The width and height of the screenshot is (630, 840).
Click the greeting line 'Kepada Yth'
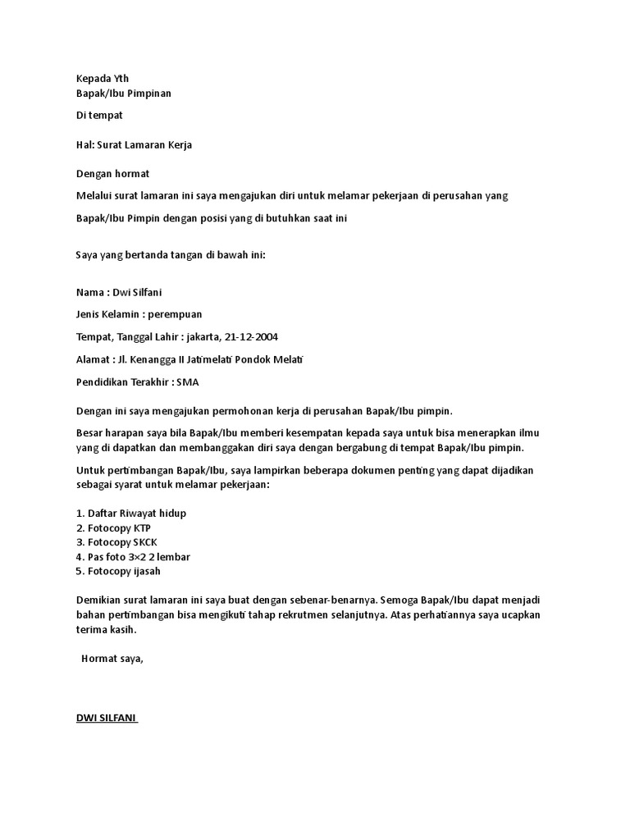tap(103, 79)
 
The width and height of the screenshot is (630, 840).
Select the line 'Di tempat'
tap(99, 116)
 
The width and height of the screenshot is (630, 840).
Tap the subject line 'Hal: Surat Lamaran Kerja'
tap(134, 145)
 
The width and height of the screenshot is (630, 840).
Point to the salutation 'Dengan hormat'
tap(112, 174)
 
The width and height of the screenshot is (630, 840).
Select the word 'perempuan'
tap(175, 314)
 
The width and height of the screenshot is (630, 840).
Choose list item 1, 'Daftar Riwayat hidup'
tap(131, 514)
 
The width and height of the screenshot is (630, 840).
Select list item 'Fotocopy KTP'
tap(113, 527)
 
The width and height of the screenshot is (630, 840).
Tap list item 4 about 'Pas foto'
tap(133, 557)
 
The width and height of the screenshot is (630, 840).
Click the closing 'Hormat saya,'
tap(112, 660)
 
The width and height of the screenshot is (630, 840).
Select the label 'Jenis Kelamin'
tap(107, 314)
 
